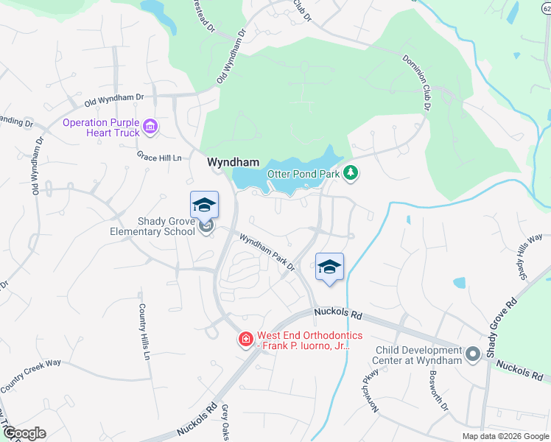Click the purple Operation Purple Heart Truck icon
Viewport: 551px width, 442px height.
pos(150,127)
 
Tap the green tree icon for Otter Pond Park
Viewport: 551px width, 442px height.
pos(352,172)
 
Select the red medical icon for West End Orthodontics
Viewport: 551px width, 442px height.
pos(245,339)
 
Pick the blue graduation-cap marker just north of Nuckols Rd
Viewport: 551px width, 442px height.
pos(329,267)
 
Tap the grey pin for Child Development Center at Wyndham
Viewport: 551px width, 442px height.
pos(472,356)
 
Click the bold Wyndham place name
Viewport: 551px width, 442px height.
pos(233,161)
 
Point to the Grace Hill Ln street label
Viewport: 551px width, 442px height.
pos(159,156)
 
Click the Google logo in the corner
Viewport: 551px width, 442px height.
pos(24,433)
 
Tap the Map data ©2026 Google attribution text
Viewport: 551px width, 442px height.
pos(505,436)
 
